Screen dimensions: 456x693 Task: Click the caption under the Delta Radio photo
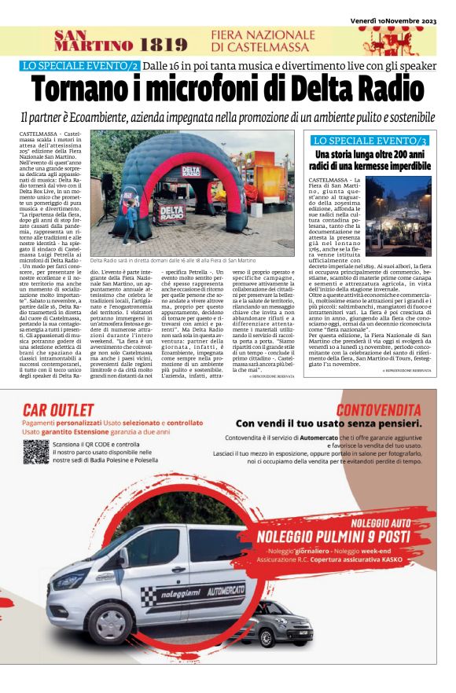tap(173, 260)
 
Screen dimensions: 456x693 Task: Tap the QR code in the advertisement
tap(36, 451)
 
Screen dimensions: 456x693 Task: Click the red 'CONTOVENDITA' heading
tap(378, 409)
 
